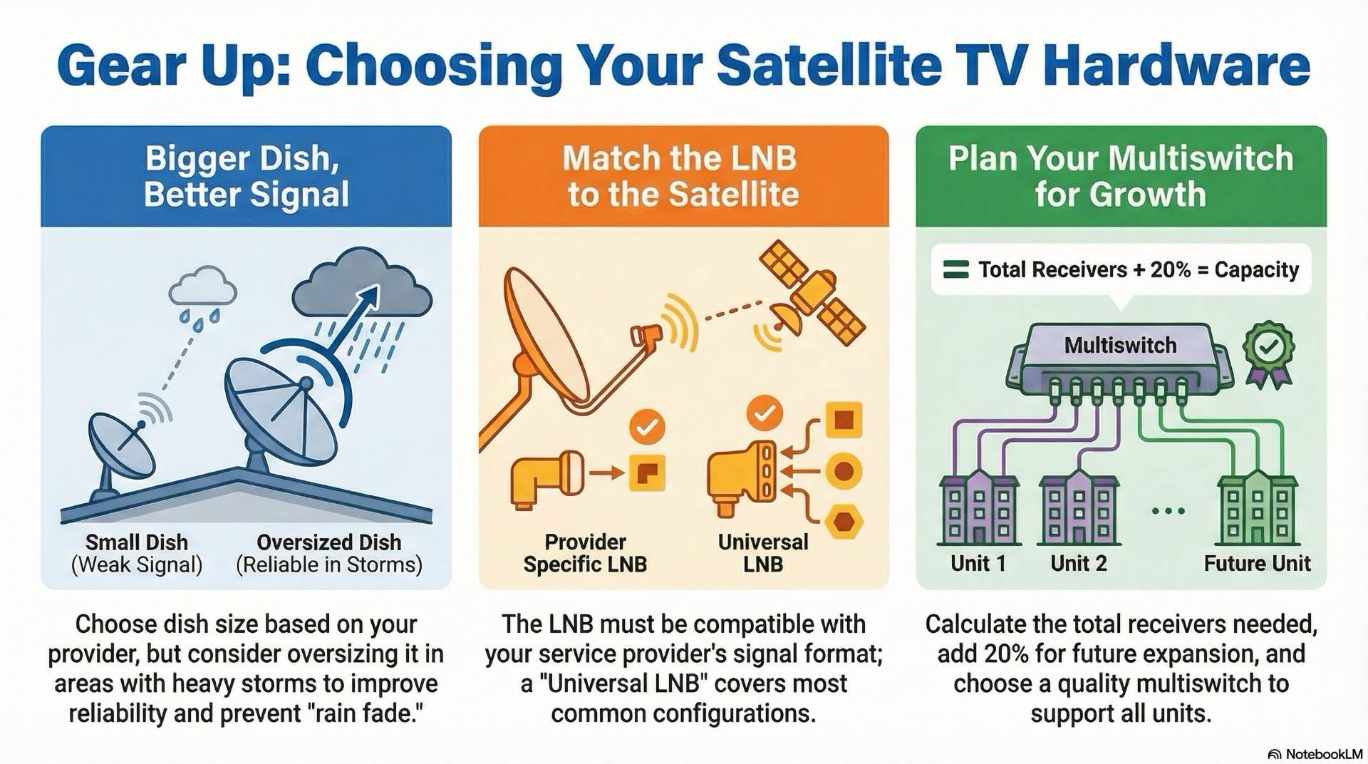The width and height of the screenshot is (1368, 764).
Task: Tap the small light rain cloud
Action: (x=203, y=287)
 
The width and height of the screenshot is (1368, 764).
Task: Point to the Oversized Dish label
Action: (x=328, y=542)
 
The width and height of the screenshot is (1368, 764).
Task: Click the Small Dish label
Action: (x=137, y=542)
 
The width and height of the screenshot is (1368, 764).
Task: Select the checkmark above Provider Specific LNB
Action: (x=647, y=428)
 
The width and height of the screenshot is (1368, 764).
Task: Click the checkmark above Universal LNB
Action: (x=765, y=413)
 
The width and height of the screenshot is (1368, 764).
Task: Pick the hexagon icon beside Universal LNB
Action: (x=844, y=522)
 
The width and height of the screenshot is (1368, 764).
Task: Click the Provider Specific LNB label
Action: (x=585, y=553)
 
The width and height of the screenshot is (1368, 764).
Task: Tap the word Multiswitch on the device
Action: (x=1120, y=346)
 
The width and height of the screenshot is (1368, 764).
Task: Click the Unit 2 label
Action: (x=1078, y=563)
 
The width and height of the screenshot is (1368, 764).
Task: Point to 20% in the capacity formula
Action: (x=1170, y=269)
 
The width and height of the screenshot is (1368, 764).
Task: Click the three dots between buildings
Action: (x=1168, y=511)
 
